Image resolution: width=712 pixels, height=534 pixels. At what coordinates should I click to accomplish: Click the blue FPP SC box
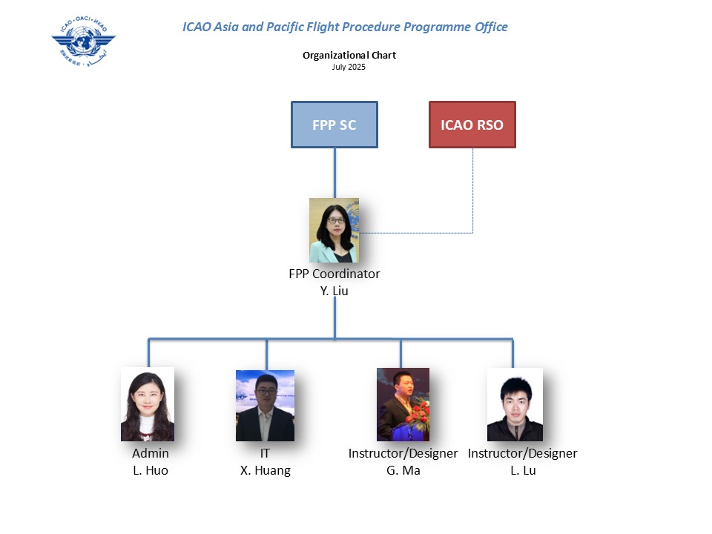[x=334, y=125]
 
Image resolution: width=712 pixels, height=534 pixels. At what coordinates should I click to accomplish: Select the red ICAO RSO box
[x=472, y=125]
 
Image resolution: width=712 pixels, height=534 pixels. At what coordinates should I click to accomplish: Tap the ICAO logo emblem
[x=83, y=40]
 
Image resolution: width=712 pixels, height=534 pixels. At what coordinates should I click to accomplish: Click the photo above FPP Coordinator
[x=334, y=230]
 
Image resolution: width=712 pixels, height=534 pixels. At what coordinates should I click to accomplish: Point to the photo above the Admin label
[x=148, y=404]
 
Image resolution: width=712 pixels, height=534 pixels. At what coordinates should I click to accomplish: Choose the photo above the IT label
[x=265, y=406]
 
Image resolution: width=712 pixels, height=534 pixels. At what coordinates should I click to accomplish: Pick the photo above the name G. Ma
[x=403, y=404]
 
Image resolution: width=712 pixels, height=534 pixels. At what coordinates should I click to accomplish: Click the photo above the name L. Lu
[x=515, y=404]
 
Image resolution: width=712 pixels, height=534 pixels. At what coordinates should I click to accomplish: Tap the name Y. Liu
[x=334, y=291]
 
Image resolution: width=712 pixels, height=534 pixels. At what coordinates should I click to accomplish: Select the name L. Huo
[x=150, y=470]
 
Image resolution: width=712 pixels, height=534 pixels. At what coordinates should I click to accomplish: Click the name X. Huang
[x=265, y=470]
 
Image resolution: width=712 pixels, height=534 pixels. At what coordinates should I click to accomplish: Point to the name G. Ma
[x=403, y=470]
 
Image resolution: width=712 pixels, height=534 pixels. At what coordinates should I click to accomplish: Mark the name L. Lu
[x=522, y=470]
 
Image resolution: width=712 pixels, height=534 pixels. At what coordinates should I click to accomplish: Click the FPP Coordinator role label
[x=334, y=274]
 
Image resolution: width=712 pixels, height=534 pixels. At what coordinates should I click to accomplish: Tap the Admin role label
[x=150, y=453]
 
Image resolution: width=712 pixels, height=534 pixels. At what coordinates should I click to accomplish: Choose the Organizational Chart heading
[x=349, y=56]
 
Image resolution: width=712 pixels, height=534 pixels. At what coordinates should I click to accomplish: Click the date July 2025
[x=349, y=67]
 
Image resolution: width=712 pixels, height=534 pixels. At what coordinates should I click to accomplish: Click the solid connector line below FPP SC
[x=334, y=172]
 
